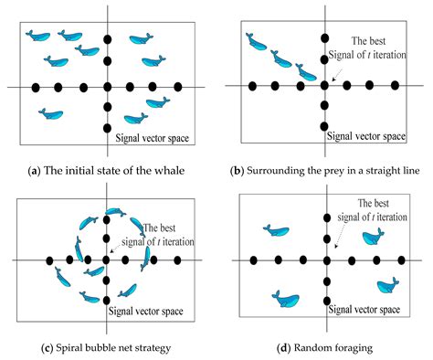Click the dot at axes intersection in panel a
(x=108, y=88)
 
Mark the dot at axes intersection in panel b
(x=324, y=86)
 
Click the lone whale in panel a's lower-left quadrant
(x=50, y=114)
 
